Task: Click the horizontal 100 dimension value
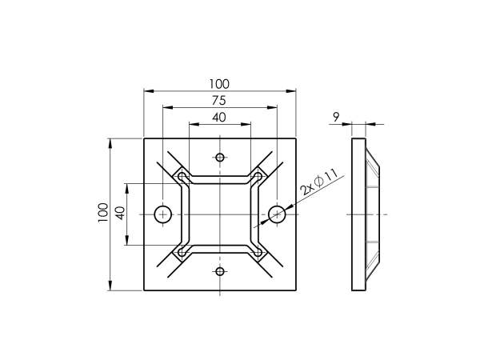point(219,84)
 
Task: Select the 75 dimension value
point(219,101)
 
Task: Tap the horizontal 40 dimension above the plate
point(219,118)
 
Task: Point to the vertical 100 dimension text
point(103,213)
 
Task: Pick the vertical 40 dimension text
point(121,213)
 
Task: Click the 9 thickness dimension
point(336,117)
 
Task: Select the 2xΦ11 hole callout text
point(318,182)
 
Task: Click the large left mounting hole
point(162,214)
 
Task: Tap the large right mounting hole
point(277,214)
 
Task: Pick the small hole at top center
point(220,158)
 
